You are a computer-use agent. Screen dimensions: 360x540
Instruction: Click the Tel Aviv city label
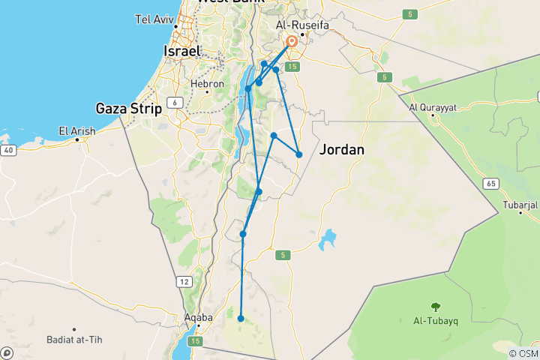click(154, 19)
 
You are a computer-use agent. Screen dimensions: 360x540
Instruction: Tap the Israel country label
click(182, 51)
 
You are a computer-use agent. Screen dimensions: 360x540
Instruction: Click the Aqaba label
click(198, 317)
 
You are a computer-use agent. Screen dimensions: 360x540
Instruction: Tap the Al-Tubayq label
click(435, 320)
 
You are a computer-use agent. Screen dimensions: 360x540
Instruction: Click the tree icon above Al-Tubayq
click(435, 306)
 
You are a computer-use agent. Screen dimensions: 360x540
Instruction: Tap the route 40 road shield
click(7, 151)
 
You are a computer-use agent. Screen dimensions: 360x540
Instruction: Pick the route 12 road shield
click(183, 280)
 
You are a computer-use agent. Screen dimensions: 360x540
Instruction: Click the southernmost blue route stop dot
click(241, 319)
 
